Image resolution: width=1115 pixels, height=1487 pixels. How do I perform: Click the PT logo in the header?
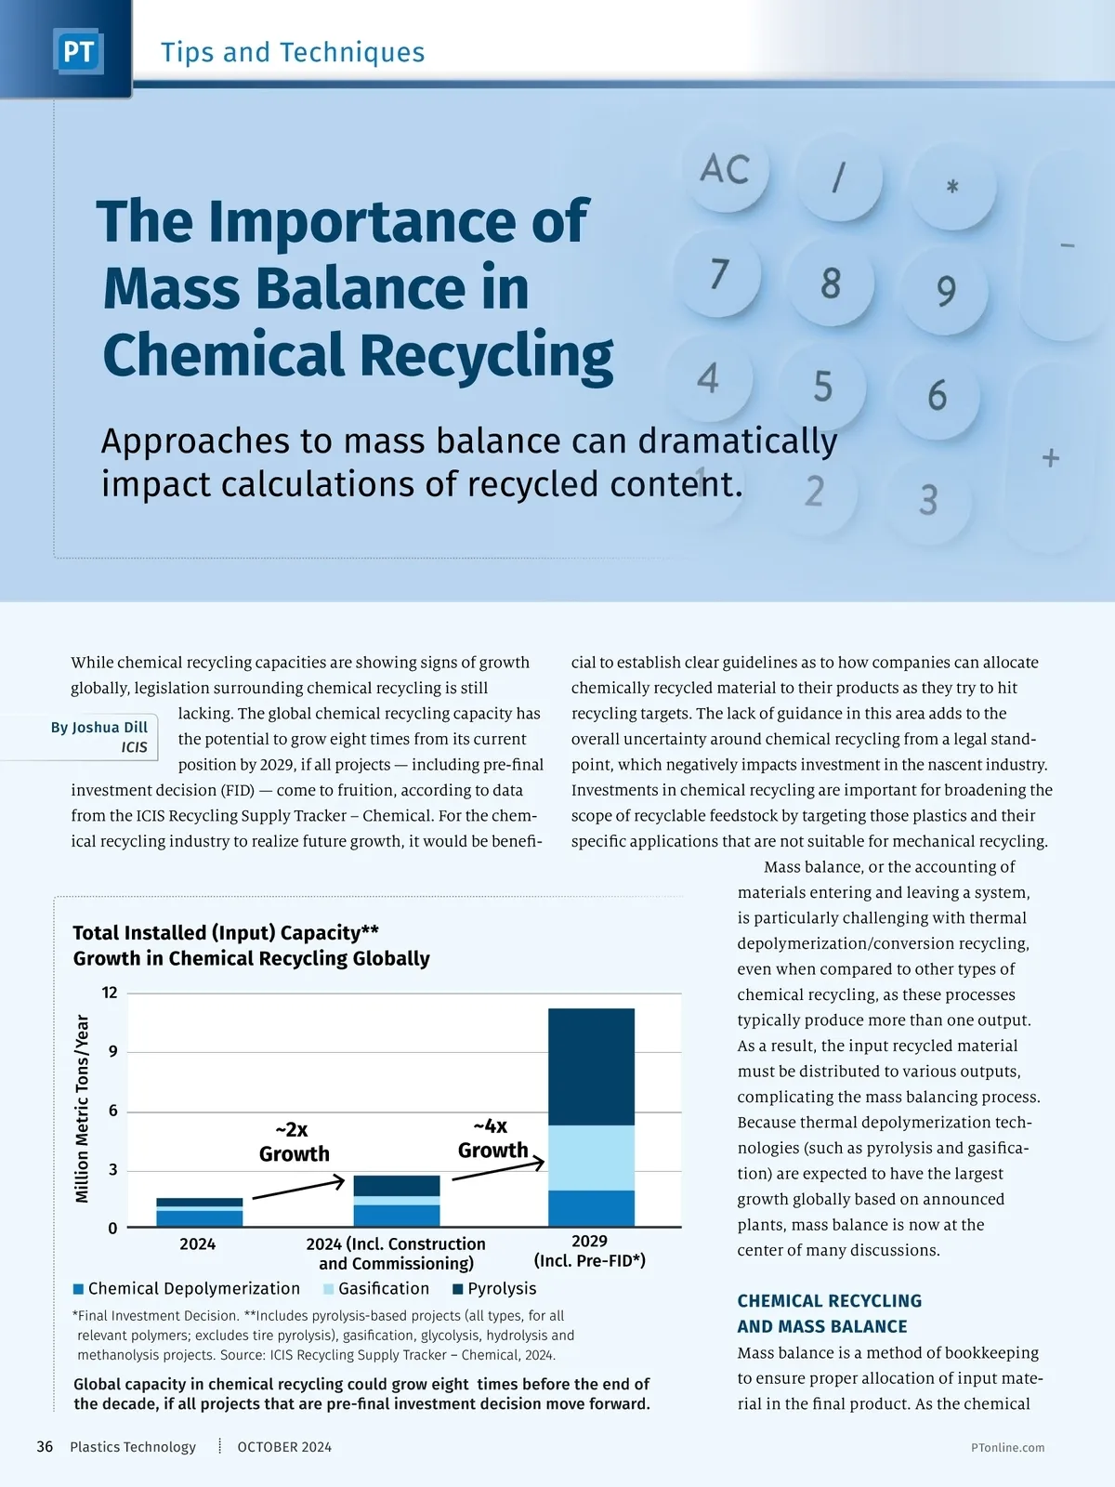pyautogui.click(x=78, y=52)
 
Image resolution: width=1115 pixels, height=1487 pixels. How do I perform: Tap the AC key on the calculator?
pyautogui.click(x=725, y=170)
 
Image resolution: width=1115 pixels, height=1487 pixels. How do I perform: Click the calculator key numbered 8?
pyautogui.click(x=830, y=283)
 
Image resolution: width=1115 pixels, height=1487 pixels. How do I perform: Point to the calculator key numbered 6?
pyautogui.click(x=937, y=395)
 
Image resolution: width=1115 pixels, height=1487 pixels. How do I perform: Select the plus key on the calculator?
pyautogui.click(x=1051, y=458)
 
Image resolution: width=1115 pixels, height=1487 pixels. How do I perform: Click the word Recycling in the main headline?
pyautogui.click(x=486, y=356)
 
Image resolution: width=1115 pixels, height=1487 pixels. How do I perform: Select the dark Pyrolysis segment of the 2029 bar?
pyautogui.click(x=591, y=1067)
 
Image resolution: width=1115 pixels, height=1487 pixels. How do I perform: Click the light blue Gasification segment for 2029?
pyautogui.click(x=591, y=1158)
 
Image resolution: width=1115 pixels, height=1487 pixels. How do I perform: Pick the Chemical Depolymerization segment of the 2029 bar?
pyautogui.click(x=591, y=1208)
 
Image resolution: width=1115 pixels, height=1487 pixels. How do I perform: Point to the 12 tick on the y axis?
pyautogui.click(x=110, y=993)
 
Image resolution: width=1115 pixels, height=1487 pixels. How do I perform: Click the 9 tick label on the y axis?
pyautogui.click(x=112, y=1052)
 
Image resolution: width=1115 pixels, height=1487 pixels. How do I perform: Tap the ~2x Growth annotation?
pyautogui.click(x=294, y=1142)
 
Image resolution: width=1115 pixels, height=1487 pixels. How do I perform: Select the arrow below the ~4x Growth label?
pyautogui.click(x=498, y=1170)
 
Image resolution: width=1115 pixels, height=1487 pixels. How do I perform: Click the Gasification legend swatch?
pyautogui.click(x=329, y=1289)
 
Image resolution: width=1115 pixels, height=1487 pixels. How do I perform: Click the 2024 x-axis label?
pyautogui.click(x=197, y=1244)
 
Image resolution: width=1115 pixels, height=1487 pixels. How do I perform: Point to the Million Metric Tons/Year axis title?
pyautogui.click(x=83, y=1109)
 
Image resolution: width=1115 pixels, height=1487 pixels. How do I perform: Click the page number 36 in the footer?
pyautogui.click(x=45, y=1447)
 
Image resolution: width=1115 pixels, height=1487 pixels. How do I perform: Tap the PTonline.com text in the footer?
pyautogui.click(x=1007, y=1448)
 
